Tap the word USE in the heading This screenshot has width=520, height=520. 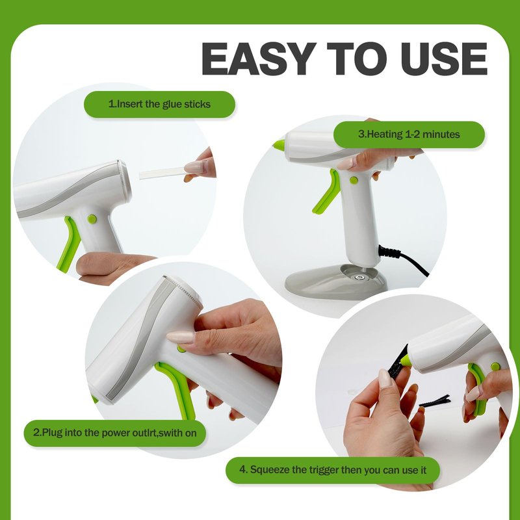445,59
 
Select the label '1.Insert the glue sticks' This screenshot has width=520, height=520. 159,104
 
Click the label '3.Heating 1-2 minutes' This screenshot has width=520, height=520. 409,135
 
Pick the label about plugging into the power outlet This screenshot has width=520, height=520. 115,433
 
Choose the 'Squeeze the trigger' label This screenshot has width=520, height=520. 333,470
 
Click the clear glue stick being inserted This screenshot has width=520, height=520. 163,173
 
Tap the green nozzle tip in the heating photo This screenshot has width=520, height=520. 279,144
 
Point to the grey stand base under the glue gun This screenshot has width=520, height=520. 335,281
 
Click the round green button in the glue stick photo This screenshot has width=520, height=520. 92,218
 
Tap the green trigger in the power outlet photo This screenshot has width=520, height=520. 177,389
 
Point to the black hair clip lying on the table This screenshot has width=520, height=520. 435,401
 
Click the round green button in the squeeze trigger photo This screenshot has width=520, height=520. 495,367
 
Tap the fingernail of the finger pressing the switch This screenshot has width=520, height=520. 181,337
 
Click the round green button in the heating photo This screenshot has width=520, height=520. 354,181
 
